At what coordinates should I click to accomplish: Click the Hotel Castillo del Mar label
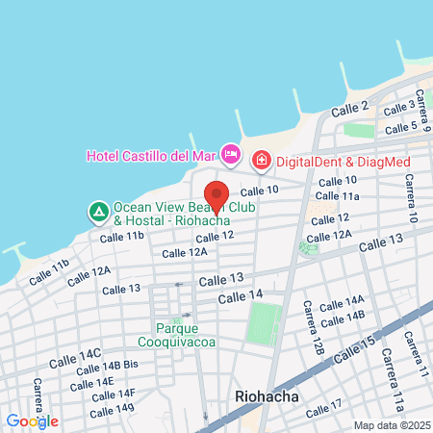(151, 155)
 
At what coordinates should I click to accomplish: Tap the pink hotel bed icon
(230, 153)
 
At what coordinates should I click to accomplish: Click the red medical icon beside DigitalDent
(260, 160)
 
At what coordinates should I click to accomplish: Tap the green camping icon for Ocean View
(97, 210)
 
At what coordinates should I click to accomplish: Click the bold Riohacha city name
(267, 395)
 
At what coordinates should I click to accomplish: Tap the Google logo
(32, 420)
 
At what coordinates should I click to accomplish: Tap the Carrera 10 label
(410, 197)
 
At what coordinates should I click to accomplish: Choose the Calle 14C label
(78, 354)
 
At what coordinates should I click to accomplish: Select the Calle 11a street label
(339, 196)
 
